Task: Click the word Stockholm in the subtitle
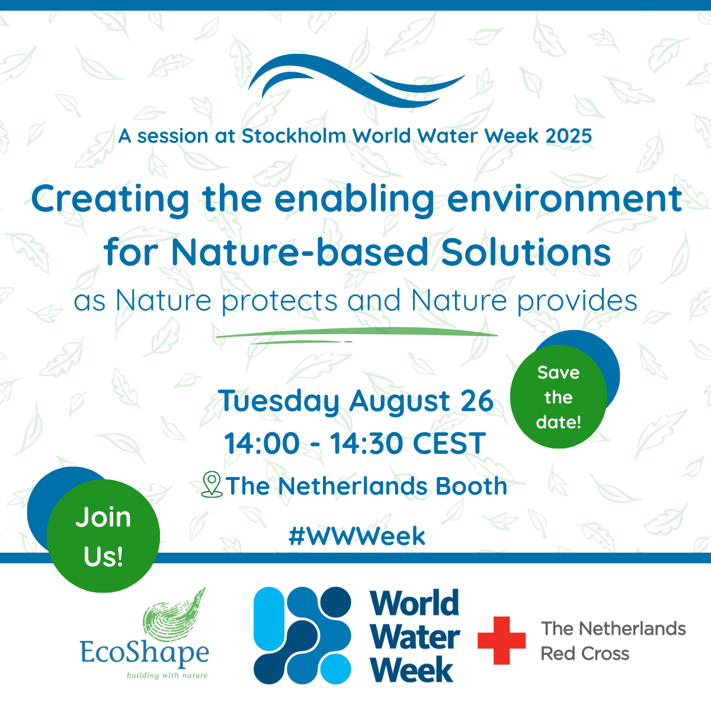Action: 294,136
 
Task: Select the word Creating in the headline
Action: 110,200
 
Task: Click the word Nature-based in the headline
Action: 299,252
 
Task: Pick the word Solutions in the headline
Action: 526,252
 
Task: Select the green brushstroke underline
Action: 357,335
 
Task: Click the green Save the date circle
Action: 558,396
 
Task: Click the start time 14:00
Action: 262,443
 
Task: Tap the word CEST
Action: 449,443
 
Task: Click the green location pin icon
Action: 212,485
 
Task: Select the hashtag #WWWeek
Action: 357,536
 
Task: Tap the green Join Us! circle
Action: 103,536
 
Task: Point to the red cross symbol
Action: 501,640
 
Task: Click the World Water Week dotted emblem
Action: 302,635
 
